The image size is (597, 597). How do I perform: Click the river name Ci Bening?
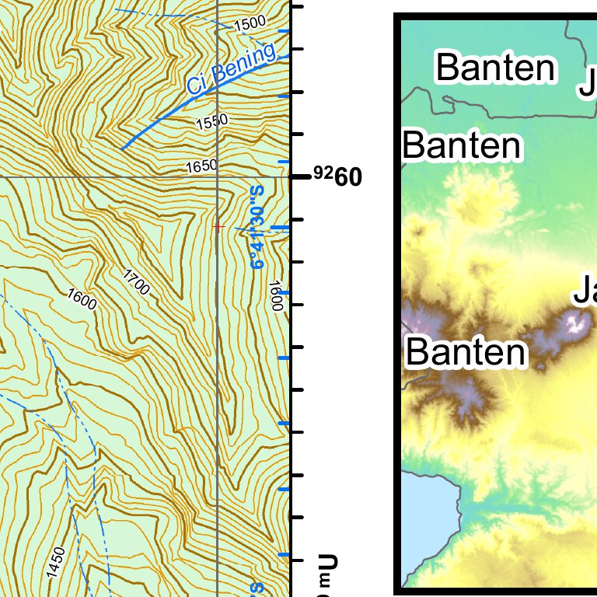231,70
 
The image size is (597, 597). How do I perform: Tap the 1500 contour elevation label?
250,23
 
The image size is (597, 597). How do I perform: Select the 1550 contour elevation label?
212,122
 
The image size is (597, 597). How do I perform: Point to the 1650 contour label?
202,166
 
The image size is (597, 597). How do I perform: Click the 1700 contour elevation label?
137,281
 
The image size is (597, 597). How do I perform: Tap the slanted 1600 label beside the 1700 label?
82,298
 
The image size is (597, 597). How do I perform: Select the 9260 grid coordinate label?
337,177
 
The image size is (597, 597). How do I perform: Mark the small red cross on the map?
218,227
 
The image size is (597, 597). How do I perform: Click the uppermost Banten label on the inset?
496,68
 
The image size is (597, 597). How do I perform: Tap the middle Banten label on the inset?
462,145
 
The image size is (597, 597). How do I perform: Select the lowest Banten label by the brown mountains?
466,353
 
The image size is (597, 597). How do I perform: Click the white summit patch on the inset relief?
577,322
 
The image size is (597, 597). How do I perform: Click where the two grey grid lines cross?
218,177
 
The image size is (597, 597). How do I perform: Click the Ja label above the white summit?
585,293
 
